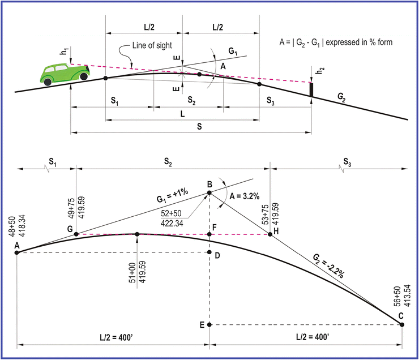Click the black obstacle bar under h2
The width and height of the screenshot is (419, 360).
point(311,89)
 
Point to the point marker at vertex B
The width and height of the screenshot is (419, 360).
point(209,193)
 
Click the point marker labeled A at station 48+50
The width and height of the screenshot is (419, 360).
point(17,252)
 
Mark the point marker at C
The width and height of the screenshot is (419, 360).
point(402,324)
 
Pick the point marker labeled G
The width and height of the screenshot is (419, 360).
point(76,234)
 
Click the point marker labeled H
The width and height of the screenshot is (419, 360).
point(270,234)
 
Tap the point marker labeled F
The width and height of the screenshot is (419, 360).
point(209,234)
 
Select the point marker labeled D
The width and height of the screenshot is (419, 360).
point(209,252)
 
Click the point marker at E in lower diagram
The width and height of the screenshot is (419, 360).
point(209,325)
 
